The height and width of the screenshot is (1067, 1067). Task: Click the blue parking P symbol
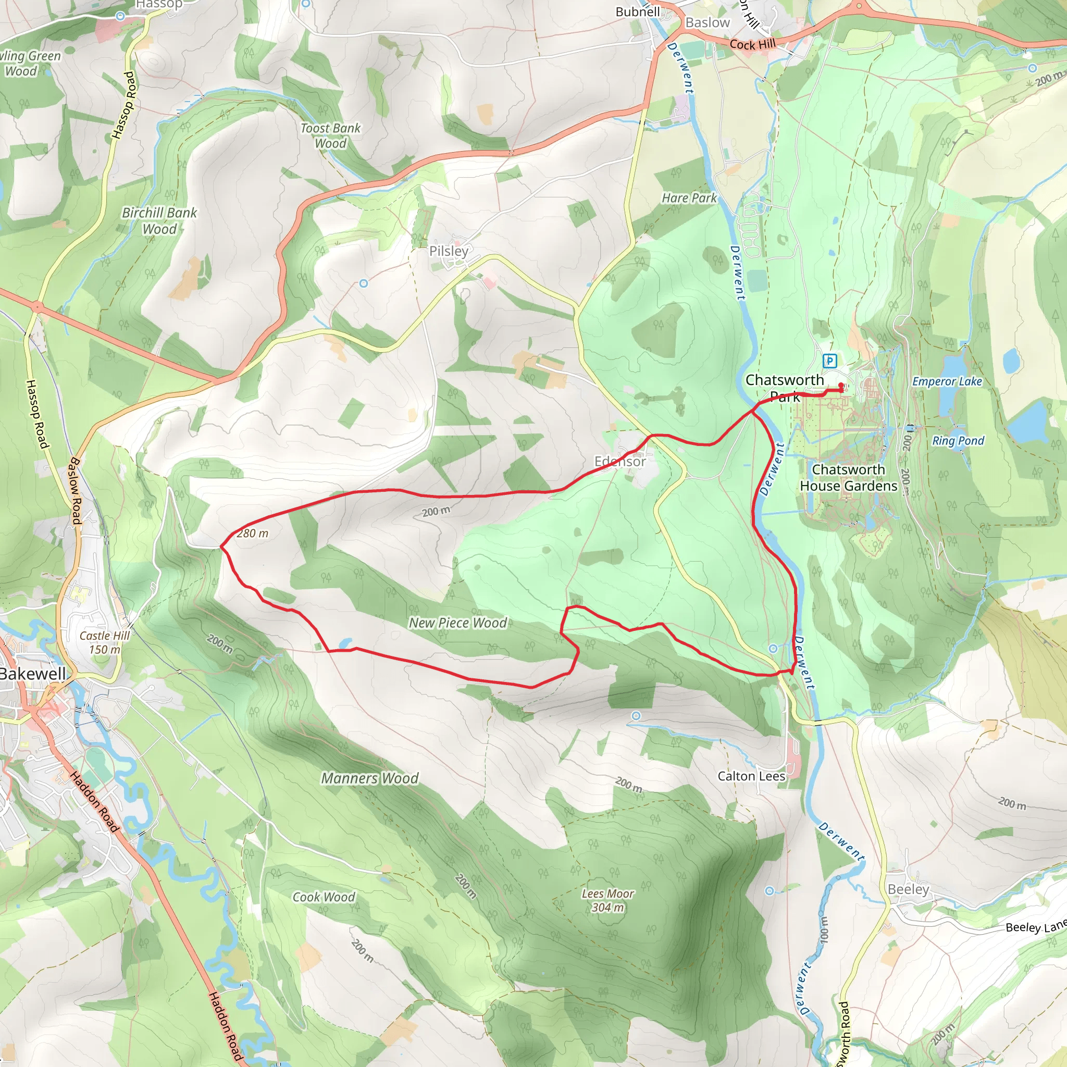tap(829, 361)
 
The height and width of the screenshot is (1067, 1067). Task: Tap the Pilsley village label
tap(449, 251)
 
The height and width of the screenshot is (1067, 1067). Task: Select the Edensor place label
tap(619, 461)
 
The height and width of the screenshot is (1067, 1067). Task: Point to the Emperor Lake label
tap(947, 381)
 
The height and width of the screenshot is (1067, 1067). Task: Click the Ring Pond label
tap(958, 441)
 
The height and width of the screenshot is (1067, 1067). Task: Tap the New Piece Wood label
tap(457, 623)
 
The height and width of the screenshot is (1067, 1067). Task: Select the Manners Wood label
tap(369, 778)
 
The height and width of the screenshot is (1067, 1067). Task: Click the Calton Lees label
tap(751, 776)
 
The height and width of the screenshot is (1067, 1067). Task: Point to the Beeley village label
tap(909, 889)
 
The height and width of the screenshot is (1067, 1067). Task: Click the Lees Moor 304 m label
tap(607, 900)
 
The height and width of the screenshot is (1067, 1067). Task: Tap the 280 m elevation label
tap(252, 533)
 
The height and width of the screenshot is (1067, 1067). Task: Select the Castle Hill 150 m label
tap(104, 642)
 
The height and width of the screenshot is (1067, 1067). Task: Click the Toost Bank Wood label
tap(330, 135)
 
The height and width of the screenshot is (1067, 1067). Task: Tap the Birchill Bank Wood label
tap(159, 220)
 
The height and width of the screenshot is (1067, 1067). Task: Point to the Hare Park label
tap(689, 197)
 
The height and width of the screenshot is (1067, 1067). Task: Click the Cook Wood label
tap(324, 897)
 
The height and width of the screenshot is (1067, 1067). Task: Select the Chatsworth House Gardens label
tap(848, 478)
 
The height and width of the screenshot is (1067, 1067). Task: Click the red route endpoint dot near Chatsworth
tap(841, 386)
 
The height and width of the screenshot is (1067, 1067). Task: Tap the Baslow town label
tap(708, 22)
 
